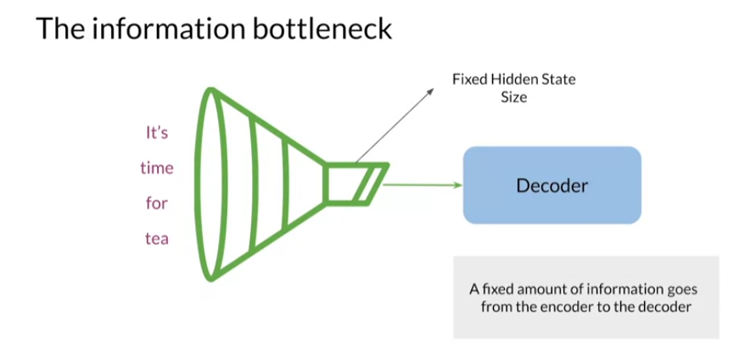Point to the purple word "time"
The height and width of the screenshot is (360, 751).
tap(156, 168)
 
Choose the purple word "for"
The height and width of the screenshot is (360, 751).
tap(156, 204)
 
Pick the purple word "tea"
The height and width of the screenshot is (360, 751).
tap(156, 239)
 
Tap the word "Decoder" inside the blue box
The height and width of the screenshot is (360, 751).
tap(552, 185)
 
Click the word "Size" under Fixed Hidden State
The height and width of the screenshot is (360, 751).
tap(514, 97)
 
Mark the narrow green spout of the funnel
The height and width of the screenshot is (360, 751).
tap(355, 184)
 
